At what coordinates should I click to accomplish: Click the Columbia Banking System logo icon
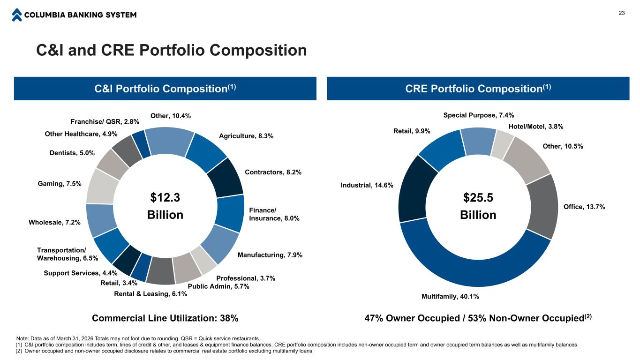click(x=17, y=15)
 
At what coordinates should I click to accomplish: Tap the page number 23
click(x=622, y=13)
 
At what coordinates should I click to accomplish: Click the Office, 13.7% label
click(x=584, y=207)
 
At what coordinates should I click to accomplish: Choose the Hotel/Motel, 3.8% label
click(x=535, y=126)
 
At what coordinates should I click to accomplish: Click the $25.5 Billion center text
click(x=478, y=206)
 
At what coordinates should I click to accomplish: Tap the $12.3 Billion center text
click(x=165, y=206)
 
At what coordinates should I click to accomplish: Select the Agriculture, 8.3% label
click(x=246, y=136)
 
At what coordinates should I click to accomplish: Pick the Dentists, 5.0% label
click(x=72, y=152)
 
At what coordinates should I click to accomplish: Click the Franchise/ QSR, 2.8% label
click(x=105, y=121)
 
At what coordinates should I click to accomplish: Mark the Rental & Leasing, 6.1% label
click(x=151, y=294)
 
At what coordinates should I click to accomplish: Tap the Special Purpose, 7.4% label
click(x=478, y=115)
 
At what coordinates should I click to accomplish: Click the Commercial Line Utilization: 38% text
click(x=165, y=318)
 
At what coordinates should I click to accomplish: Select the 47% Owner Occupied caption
click(x=478, y=318)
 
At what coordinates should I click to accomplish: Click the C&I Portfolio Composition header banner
click(x=165, y=89)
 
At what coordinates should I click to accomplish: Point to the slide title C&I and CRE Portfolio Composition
click(x=172, y=50)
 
